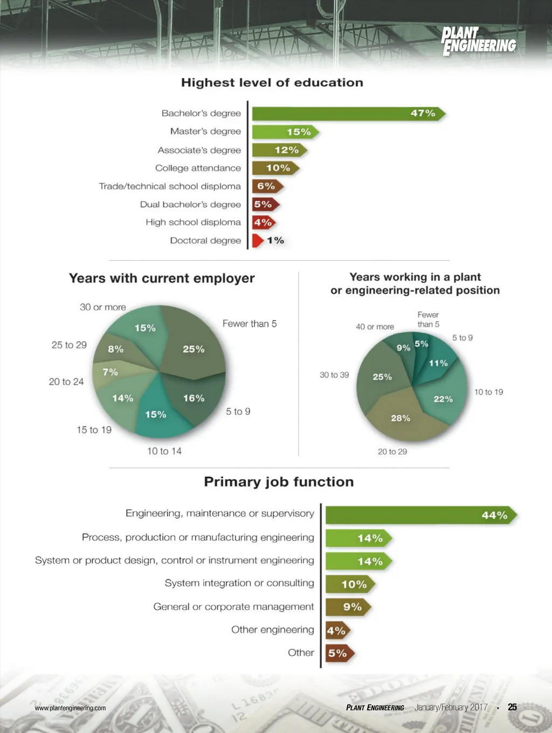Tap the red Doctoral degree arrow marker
258,240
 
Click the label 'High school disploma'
193,222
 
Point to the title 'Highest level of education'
272,83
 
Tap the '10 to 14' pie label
164,451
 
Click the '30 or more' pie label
102,307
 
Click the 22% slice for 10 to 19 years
442,397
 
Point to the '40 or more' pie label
375,327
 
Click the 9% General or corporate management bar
348,607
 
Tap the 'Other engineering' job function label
272,630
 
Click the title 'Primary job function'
279,481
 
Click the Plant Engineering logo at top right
478,41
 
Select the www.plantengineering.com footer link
70,708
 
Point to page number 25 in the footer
512,707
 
